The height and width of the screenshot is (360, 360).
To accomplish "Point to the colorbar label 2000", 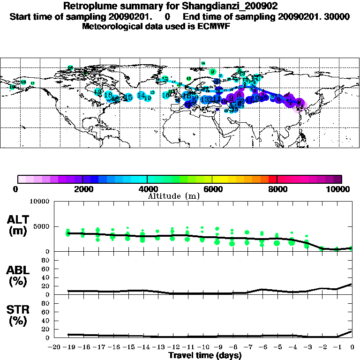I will click(x=82, y=189).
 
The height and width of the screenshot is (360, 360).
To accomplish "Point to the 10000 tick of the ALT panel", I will click(x=40, y=202).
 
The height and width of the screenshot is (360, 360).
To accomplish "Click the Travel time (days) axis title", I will click(x=205, y=355).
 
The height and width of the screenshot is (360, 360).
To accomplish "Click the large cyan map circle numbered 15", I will click(x=127, y=97).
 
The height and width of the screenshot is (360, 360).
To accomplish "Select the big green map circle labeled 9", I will click(x=213, y=72).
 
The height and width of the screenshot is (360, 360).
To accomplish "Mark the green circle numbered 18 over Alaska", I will click(x=23, y=82).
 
